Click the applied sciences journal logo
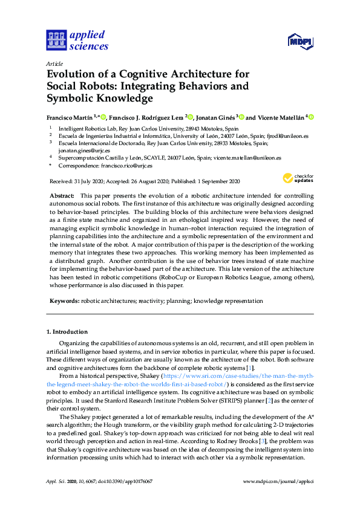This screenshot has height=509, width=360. pos(77,41)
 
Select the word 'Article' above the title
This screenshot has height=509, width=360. pos(55,63)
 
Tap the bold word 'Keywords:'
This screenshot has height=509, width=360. pos(64,300)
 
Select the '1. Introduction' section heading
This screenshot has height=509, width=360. pos(67,332)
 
